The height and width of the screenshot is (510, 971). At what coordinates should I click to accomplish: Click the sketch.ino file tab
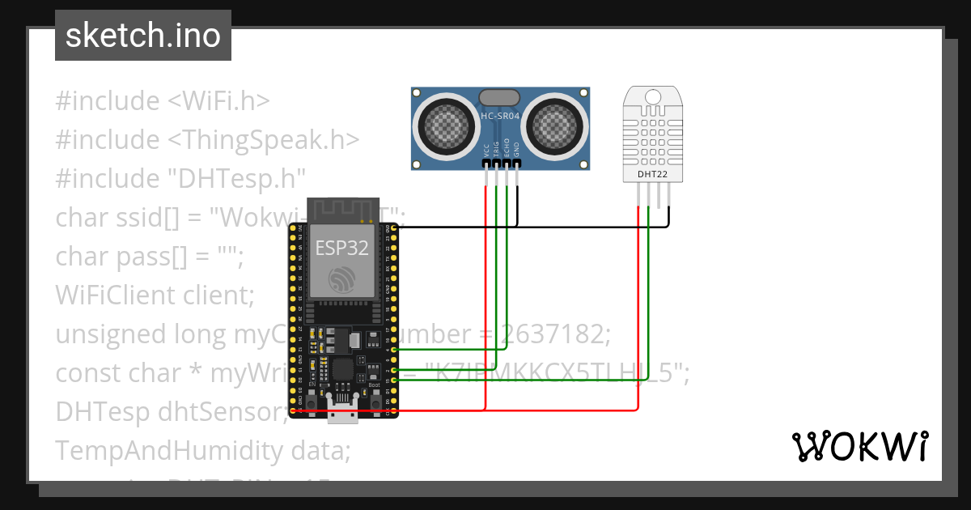click(142, 36)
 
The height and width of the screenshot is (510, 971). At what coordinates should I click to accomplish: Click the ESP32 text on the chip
click(341, 247)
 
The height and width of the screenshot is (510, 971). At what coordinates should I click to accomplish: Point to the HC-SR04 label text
click(500, 117)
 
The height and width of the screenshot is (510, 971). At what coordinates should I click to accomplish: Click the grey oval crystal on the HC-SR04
click(500, 97)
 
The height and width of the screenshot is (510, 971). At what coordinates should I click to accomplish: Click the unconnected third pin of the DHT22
click(659, 194)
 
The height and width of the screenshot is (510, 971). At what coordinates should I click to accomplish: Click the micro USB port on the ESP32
click(343, 413)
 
